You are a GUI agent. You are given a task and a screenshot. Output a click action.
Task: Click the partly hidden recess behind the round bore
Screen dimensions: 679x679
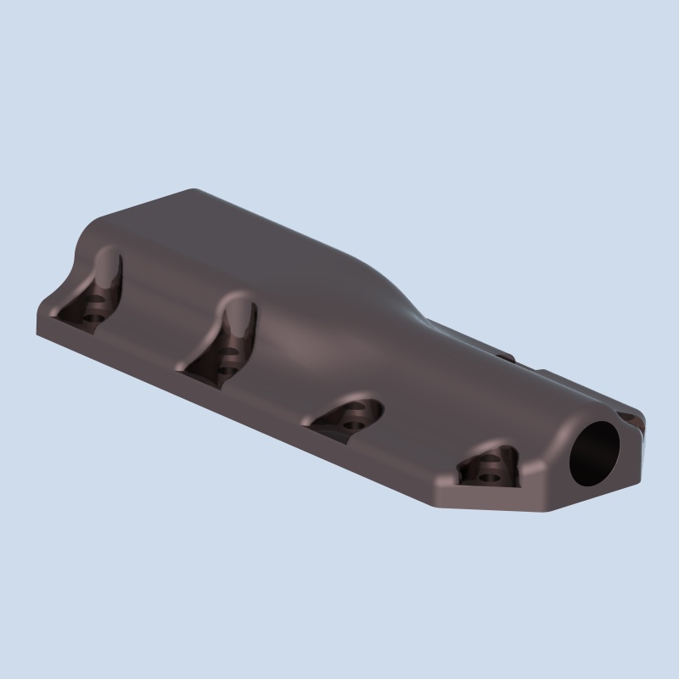631,418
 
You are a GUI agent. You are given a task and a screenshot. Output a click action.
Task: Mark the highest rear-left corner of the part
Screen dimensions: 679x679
194,190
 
